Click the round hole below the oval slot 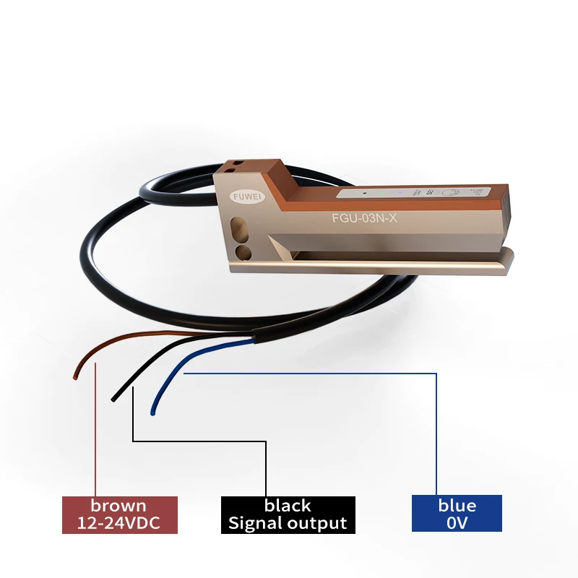[x=244, y=251]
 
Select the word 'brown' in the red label [x=118, y=506]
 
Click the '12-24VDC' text [x=118, y=523]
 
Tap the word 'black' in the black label [x=288, y=506]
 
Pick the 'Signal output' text [x=288, y=523]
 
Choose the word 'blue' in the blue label [x=457, y=506]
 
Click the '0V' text [x=457, y=523]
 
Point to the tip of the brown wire [x=76, y=375]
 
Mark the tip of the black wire [x=113, y=398]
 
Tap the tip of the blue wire [x=152, y=413]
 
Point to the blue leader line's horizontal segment [x=311, y=374]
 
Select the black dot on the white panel [x=366, y=194]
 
